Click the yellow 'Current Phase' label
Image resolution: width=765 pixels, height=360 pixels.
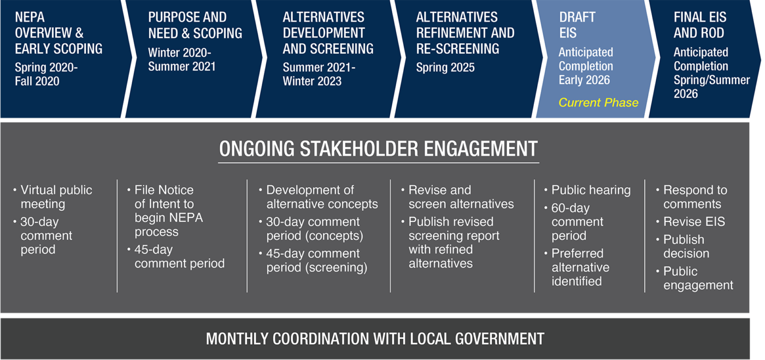tap(598, 103)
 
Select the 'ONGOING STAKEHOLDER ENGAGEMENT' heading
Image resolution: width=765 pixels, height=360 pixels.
tap(378, 149)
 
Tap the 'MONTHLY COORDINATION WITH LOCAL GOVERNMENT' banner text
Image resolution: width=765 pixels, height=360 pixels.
tap(375, 339)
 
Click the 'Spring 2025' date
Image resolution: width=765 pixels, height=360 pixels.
tap(445, 67)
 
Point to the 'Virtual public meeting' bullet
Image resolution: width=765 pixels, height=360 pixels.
tap(53, 197)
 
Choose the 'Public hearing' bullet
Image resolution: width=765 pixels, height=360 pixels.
tap(587, 190)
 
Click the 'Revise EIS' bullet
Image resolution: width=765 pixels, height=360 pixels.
tap(691, 222)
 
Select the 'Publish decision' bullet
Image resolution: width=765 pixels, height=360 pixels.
tap(682, 246)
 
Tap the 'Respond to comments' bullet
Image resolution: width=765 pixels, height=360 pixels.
tap(692, 197)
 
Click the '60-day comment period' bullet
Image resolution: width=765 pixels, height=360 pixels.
tap(574, 222)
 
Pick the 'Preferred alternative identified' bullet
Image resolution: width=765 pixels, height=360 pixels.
tap(577, 267)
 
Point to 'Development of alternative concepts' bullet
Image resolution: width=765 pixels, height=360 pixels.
tap(318, 197)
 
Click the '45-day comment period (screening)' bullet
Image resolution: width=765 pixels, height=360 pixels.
tap(313, 260)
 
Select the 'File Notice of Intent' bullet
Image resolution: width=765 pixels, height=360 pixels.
tap(165, 211)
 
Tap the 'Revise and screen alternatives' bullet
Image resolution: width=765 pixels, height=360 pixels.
tap(458, 197)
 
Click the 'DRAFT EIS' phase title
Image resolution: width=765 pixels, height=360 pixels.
tap(577, 25)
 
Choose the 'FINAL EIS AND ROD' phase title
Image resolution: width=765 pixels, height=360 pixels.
tap(700, 25)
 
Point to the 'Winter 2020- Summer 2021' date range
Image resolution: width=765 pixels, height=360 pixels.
tap(181, 60)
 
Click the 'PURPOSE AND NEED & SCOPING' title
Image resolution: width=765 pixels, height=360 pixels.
tap(195, 25)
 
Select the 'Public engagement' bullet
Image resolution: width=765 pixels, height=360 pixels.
tap(695, 278)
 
